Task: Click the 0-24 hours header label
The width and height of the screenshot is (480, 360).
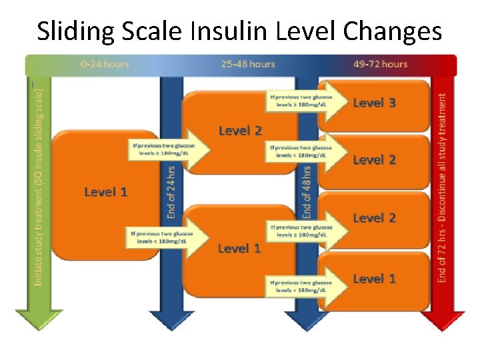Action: (x=105, y=64)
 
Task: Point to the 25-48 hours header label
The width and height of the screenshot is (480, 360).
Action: (x=248, y=64)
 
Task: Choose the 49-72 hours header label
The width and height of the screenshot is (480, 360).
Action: (x=381, y=64)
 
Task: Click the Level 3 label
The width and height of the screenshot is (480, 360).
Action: (x=374, y=103)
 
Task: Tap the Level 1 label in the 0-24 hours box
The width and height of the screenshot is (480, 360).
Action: (x=105, y=192)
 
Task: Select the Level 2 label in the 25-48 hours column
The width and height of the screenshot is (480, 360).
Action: (x=240, y=131)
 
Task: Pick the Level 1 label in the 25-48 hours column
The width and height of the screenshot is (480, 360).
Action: (x=239, y=249)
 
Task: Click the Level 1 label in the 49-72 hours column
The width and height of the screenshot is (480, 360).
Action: (x=374, y=279)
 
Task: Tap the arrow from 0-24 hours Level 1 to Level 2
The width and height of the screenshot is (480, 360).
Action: (x=171, y=149)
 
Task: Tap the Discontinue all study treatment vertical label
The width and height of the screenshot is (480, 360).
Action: (x=443, y=187)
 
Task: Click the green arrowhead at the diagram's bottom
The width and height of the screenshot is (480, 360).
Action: (x=38, y=320)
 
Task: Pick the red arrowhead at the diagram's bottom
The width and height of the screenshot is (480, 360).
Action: (x=443, y=320)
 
